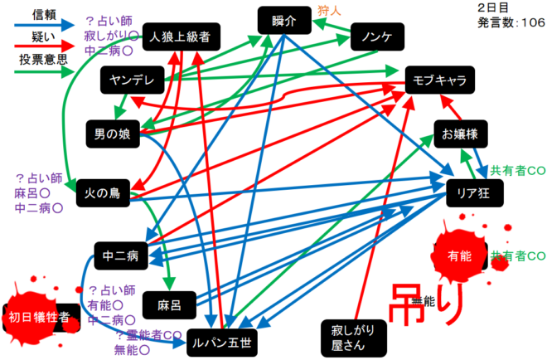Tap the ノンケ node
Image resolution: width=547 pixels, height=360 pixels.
click(x=377, y=36)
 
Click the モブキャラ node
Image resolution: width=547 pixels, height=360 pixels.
click(x=440, y=80)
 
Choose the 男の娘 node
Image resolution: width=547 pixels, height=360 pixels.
click(x=112, y=134)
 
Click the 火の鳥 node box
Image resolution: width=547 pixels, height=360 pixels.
click(x=104, y=194)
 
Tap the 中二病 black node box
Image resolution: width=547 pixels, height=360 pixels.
click(x=120, y=255)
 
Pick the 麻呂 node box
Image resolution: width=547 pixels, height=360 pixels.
click(x=169, y=304)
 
